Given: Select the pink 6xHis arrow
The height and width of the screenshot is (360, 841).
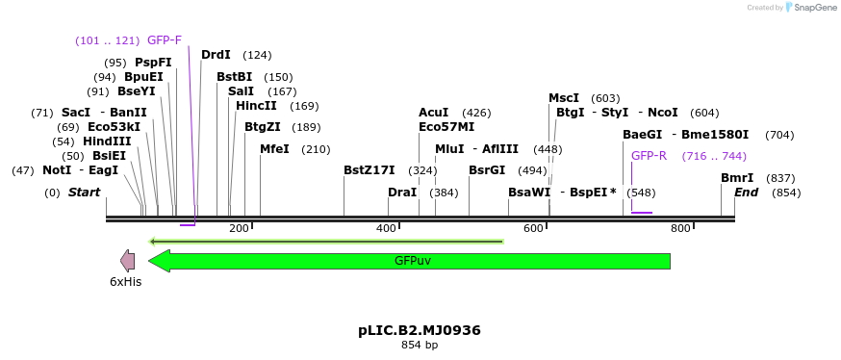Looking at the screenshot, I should [127, 260].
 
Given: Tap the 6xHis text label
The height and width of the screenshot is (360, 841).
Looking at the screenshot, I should [125, 282].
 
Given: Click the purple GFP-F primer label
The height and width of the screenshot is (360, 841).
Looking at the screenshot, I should [165, 40].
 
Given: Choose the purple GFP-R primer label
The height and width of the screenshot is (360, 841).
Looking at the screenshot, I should [649, 156].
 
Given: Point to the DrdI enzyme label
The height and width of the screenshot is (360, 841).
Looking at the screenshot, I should [216, 55].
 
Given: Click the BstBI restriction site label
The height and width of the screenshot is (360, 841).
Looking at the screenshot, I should [234, 77].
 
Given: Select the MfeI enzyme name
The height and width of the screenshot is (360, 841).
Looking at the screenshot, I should [275, 149].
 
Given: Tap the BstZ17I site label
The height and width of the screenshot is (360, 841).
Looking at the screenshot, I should [370, 170].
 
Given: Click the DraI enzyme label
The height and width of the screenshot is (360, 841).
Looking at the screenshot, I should [402, 193].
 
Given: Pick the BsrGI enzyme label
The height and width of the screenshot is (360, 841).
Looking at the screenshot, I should [487, 170].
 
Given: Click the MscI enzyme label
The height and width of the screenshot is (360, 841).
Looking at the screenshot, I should [564, 98].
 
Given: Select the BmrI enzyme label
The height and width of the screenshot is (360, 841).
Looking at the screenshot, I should [737, 178].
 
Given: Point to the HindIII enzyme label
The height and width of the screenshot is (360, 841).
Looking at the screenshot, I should [107, 141].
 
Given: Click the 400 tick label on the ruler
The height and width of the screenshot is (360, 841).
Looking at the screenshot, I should [386, 228].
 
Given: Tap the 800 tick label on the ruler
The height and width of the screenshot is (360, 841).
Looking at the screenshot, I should [680, 228].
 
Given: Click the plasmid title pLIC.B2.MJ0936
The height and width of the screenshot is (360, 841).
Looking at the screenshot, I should [420, 330].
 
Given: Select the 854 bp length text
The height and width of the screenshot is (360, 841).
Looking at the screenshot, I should [420, 345].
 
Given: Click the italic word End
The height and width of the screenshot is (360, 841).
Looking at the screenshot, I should [747, 193].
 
